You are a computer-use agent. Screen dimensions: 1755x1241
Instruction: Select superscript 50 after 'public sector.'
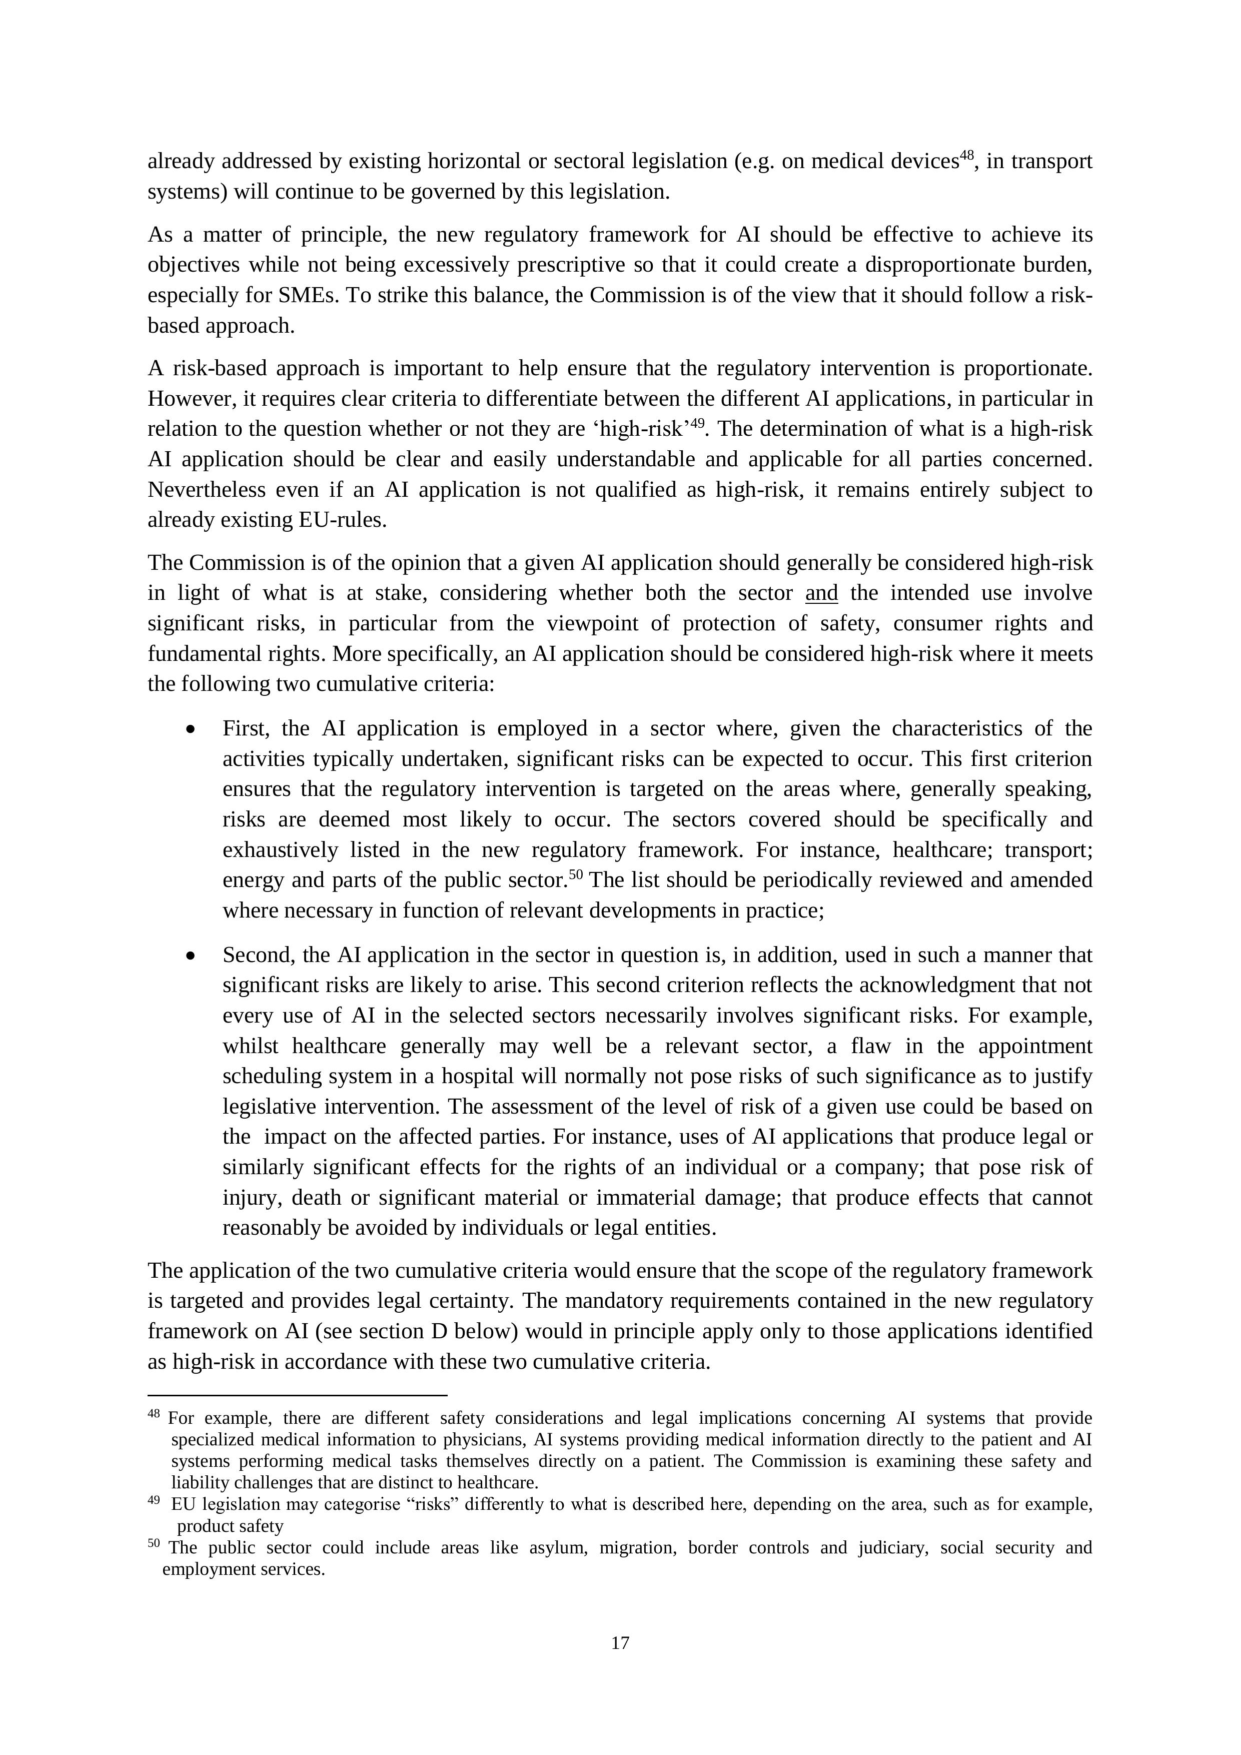(x=575, y=874)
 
